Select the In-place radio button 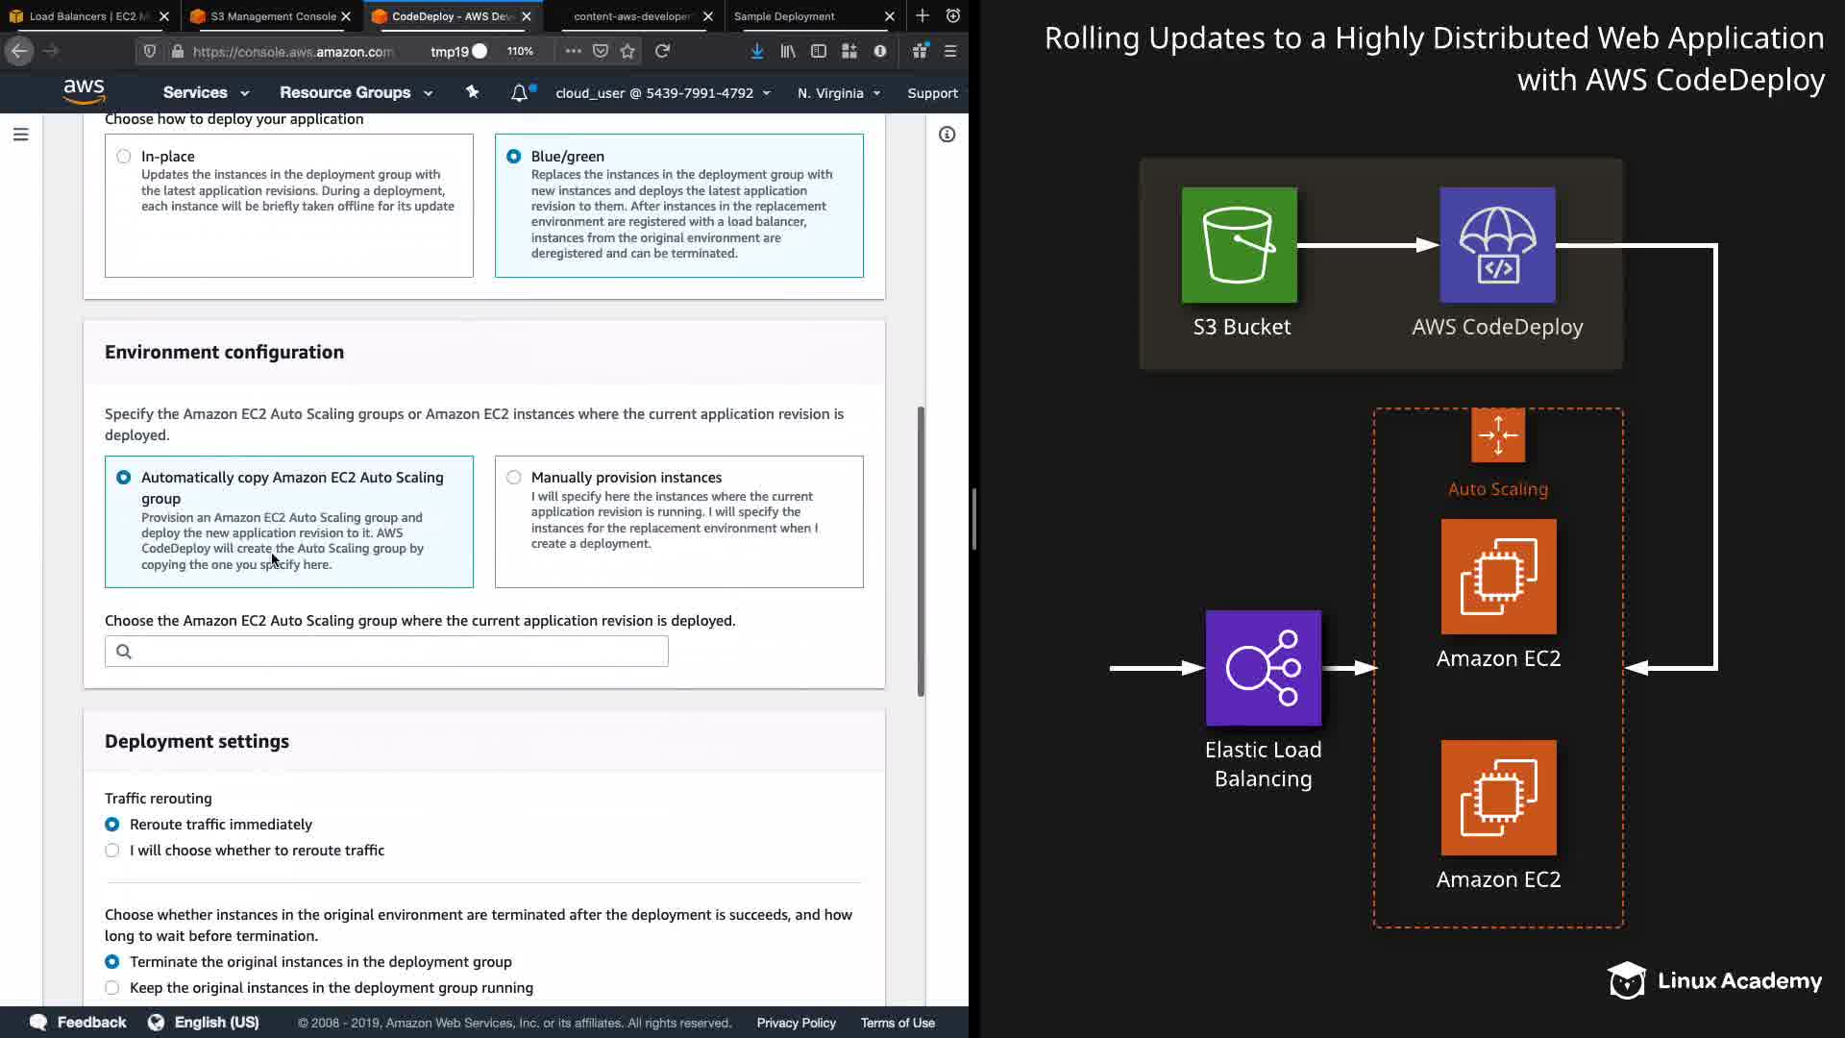124,157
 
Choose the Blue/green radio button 514,157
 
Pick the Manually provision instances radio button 514,478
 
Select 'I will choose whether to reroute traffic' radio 112,851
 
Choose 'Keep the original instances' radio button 112,988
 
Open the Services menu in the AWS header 206,93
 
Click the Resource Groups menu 356,93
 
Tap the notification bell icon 519,93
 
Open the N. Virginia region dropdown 839,93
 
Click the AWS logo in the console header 85,91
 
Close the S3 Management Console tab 346,16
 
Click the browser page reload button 662,51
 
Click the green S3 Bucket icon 1240,245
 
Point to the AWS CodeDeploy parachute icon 1497,245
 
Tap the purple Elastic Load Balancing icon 1264,668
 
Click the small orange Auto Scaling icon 1498,435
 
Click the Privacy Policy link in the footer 796,1023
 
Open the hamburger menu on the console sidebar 21,135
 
